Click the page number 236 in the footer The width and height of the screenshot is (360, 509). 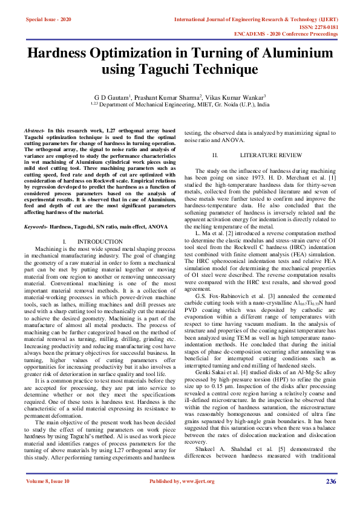(x=331, y=498)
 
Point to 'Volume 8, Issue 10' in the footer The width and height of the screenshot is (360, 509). (x=48, y=498)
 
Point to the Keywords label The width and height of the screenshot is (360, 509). (x=36, y=210)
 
